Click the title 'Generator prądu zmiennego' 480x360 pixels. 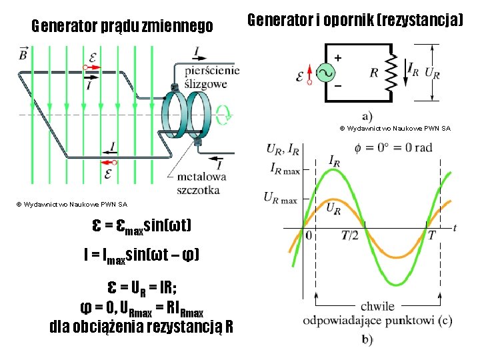(x=123, y=27)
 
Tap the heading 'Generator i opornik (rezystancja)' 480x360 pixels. (x=355, y=20)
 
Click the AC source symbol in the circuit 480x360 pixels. (x=326, y=73)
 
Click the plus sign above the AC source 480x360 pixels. (x=338, y=58)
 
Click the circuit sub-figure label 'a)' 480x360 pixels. (x=367, y=115)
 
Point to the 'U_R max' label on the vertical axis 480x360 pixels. (x=281, y=198)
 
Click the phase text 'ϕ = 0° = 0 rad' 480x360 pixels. (x=394, y=147)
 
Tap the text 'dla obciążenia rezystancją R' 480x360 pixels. (x=141, y=327)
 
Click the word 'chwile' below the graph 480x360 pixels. (x=377, y=307)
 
